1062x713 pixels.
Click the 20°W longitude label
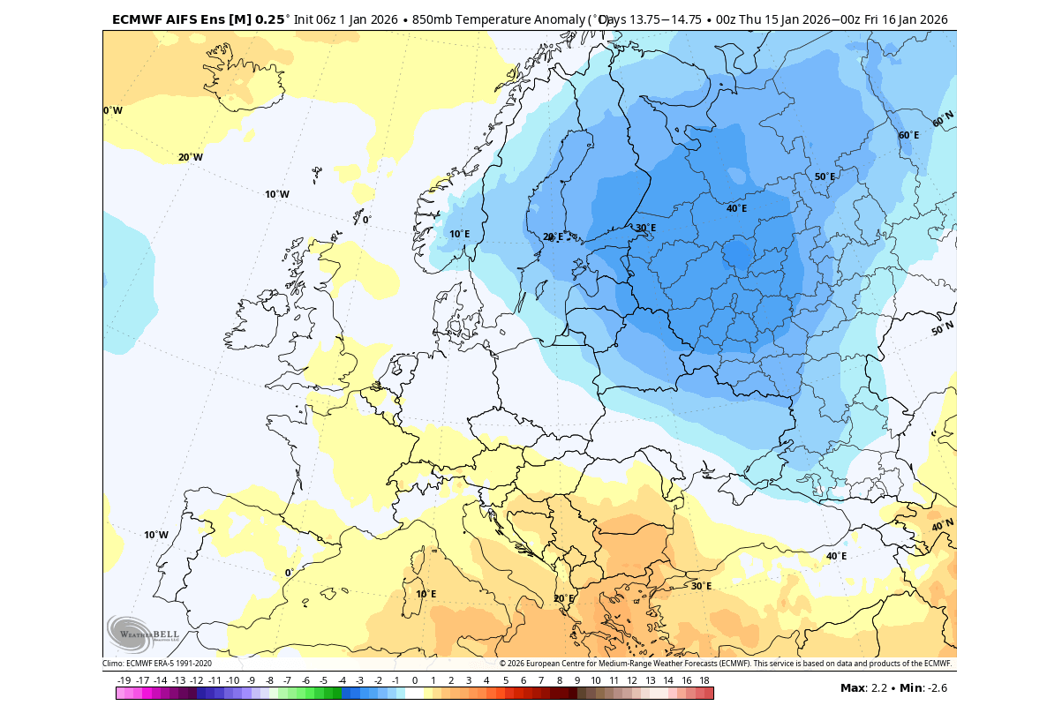[x=190, y=158]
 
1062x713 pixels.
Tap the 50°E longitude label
[x=825, y=176]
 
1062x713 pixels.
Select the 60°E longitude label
[x=908, y=135]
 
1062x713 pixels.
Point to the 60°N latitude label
[x=943, y=119]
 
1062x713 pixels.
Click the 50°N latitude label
[x=942, y=329]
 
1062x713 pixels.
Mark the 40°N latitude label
[x=942, y=526]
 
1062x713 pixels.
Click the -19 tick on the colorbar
[x=124, y=680]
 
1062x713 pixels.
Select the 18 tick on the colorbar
[x=704, y=680]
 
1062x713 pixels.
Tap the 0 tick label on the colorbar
[x=415, y=680]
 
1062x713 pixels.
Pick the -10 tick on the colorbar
[x=232, y=680]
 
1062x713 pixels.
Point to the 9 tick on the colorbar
[x=577, y=680]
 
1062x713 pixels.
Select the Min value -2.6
[x=933, y=688]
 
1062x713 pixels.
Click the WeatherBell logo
[x=142, y=633]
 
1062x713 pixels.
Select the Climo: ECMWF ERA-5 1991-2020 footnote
[x=157, y=664]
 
